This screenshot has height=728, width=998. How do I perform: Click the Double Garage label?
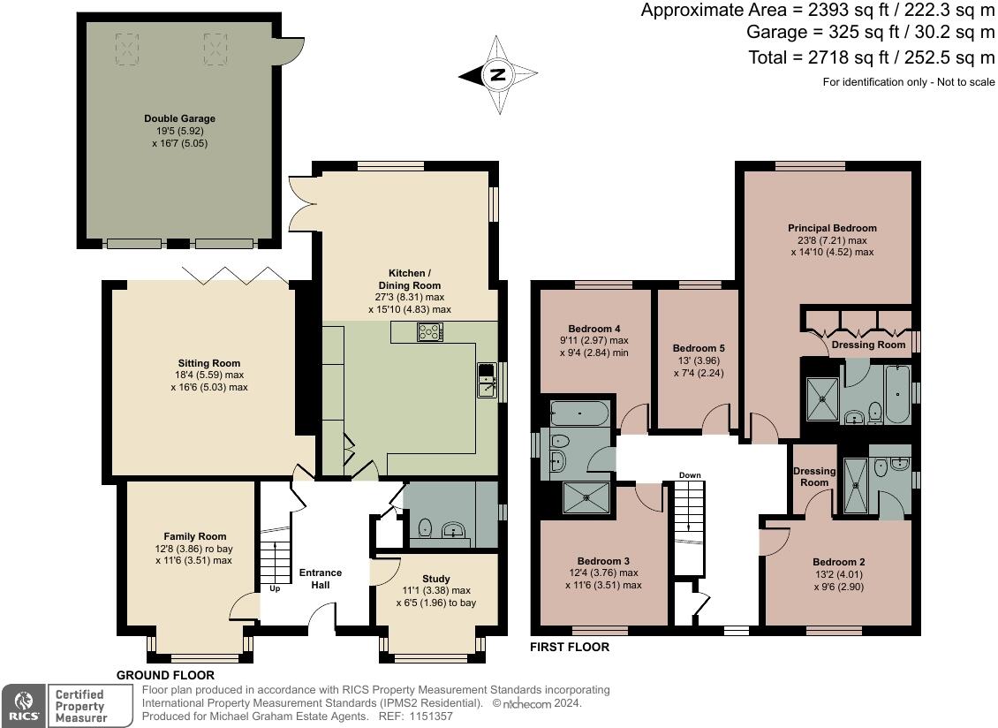179,118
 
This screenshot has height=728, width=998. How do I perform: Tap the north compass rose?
497,75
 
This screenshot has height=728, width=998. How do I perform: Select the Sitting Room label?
208,363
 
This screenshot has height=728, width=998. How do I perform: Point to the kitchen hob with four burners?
430,332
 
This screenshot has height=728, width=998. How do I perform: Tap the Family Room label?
194,536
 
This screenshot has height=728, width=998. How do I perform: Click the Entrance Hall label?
320,579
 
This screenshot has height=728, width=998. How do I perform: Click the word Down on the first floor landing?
690,475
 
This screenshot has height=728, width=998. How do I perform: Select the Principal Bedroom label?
832,228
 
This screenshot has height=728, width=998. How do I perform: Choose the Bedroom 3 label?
603,561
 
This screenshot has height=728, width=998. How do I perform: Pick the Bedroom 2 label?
838,562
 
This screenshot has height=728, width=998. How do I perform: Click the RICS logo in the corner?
22,706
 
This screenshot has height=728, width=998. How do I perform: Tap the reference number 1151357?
428,717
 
